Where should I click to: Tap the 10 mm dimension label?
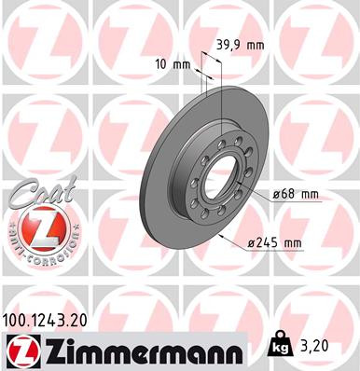coord(174,64)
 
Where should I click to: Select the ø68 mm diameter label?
coord(296,194)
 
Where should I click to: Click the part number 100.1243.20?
coord(48,320)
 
